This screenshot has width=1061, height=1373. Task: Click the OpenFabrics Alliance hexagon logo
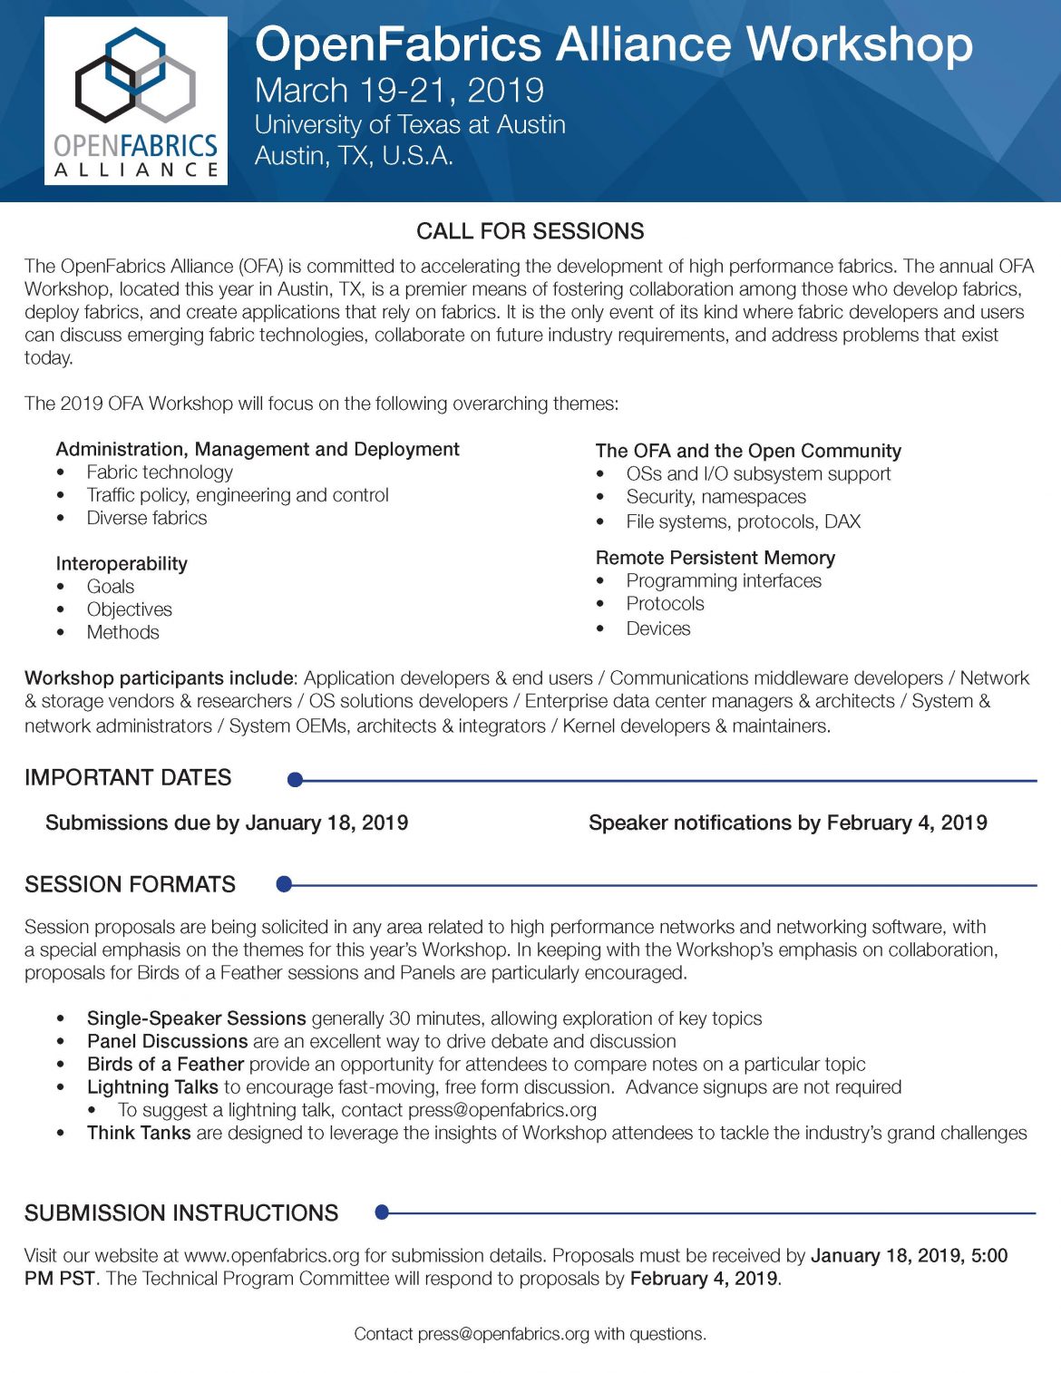[136, 77]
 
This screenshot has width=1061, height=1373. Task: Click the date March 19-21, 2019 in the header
[399, 91]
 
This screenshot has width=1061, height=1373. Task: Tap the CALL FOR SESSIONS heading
[530, 231]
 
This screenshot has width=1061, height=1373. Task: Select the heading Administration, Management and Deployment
[258, 450]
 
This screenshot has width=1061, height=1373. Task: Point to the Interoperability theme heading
[122, 564]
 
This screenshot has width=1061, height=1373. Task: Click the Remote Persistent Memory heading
[715, 558]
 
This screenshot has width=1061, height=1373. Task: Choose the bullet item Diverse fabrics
[147, 519]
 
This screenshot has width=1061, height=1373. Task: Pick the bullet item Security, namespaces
[715, 497]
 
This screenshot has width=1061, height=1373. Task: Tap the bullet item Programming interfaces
[724, 581]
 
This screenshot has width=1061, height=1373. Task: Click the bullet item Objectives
[130, 609]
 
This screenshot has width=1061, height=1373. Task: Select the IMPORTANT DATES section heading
[128, 778]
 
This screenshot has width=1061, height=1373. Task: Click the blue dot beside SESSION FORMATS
[284, 884]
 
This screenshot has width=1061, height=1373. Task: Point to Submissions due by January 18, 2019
[227, 823]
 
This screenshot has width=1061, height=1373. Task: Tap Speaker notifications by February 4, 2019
[788, 823]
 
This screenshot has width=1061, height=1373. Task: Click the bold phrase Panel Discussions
[168, 1041]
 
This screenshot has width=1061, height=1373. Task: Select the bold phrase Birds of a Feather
[165, 1064]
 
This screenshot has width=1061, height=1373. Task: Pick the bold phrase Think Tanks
[139, 1133]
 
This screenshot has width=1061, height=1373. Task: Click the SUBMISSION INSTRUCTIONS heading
[181, 1213]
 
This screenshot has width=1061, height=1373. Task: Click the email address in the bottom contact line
[503, 1334]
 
